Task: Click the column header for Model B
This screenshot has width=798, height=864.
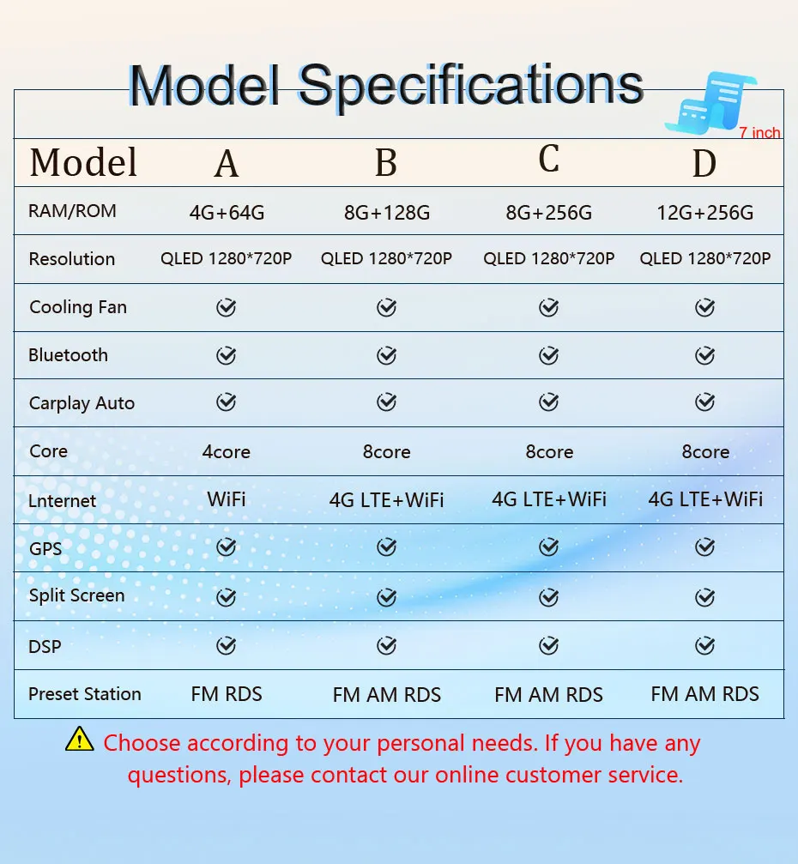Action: tap(386, 163)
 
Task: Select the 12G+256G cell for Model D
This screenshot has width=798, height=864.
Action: tap(704, 212)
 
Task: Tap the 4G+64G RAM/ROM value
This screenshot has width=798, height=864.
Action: tap(227, 212)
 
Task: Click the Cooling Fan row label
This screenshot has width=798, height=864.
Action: tap(78, 307)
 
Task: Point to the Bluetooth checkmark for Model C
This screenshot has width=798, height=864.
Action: tap(548, 355)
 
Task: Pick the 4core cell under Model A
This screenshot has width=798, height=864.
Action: tap(226, 452)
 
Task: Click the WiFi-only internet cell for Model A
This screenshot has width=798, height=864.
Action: tap(227, 499)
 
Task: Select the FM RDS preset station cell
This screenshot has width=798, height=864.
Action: tap(227, 694)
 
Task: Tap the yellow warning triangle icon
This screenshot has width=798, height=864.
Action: tap(79, 739)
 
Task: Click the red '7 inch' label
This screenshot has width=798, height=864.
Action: tap(759, 132)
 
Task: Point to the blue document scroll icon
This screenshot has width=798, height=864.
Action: tap(710, 103)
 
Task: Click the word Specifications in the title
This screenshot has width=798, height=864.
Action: tap(470, 86)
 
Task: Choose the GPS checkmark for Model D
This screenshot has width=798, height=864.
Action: tap(704, 547)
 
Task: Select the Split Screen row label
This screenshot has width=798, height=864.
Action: tap(76, 595)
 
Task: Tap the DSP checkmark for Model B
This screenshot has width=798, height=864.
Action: tap(386, 645)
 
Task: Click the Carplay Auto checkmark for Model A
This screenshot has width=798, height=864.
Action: tap(226, 402)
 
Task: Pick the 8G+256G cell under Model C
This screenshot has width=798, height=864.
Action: tap(549, 212)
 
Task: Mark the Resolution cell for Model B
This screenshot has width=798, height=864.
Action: tap(386, 258)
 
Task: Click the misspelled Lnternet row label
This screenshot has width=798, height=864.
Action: tap(62, 501)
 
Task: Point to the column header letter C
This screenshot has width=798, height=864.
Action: tap(549, 159)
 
